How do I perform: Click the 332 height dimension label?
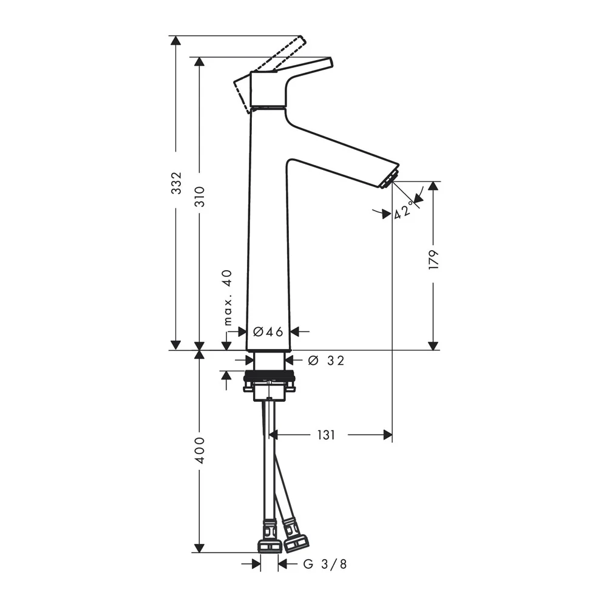(177, 183)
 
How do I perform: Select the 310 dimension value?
(200, 197)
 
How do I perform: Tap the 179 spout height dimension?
(434, 260)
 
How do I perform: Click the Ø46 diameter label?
(268, 331)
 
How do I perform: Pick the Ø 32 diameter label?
(326, 361)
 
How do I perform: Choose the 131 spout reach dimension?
(326, 435)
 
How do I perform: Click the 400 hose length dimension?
(200, 450)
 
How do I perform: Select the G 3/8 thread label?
(325, 564)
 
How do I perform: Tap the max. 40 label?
(228, 297)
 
